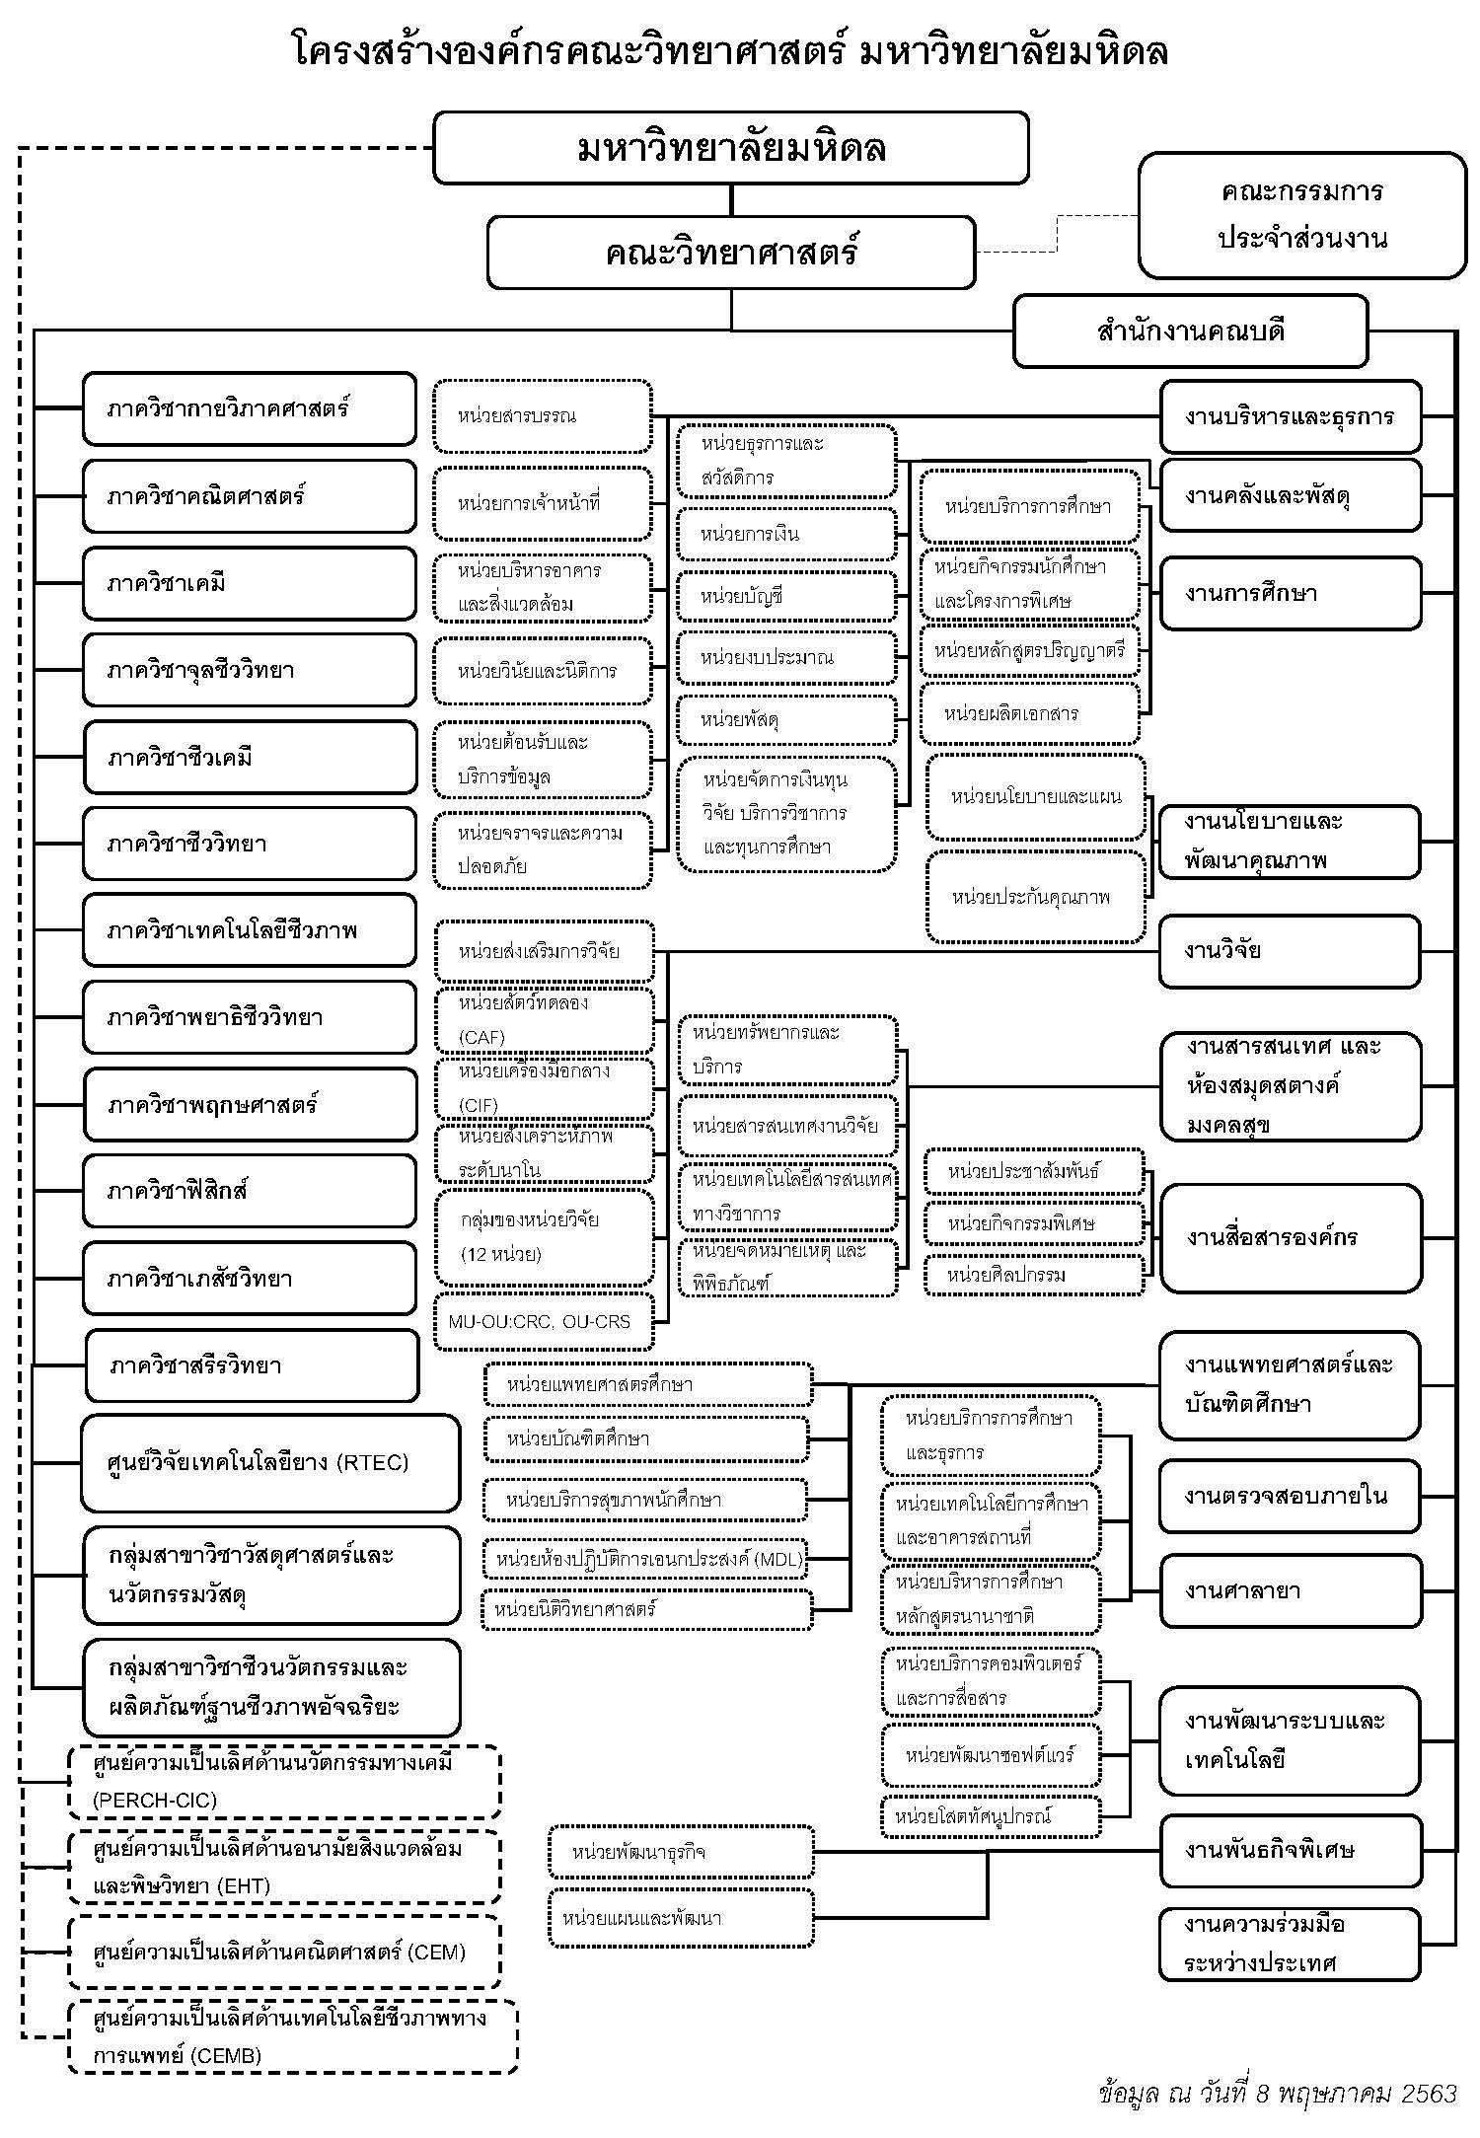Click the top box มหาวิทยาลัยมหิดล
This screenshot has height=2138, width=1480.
(731, 148)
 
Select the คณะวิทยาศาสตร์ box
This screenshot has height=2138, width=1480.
(731, 253)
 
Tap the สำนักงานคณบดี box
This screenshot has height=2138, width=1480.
(1190, 332)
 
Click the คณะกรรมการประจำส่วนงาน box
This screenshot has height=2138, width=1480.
(1302, 215)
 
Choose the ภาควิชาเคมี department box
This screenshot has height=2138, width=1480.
(250, 583)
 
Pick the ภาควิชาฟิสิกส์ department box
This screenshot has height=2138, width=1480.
(250, 1191)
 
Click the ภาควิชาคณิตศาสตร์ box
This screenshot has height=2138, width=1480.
(250, 495)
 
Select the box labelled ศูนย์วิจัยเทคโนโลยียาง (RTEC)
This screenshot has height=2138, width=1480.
(270, 1462)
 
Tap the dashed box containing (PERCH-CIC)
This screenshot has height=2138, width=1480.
(284, 1782)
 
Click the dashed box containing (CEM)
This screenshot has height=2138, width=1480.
(284, 1951)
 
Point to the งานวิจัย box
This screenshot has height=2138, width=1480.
(1290, 951)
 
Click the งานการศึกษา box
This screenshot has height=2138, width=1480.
(1290, 593)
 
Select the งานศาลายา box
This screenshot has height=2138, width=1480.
(1290, 1590)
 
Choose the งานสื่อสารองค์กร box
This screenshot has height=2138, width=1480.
(1290, 1237)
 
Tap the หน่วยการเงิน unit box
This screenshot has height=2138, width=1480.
(786, 535)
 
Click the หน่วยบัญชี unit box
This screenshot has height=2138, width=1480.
(786, 596)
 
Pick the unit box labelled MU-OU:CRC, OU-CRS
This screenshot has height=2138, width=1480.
(544, 1321)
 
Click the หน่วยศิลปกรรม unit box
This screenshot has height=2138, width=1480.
(1034, 1275)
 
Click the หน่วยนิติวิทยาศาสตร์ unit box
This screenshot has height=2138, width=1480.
(647, 1609)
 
